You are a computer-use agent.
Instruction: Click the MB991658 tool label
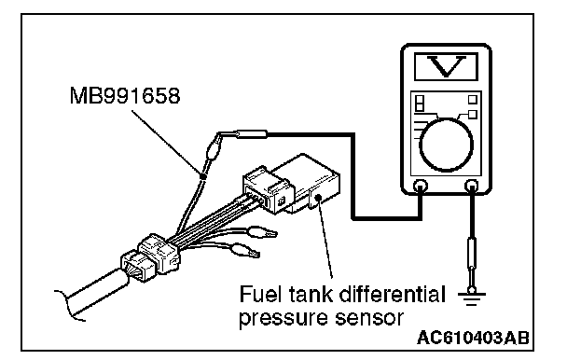click(x=125, y=96)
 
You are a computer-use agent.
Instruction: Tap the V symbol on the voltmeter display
click(x=446, y=66)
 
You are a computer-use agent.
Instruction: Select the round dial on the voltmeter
click(x=446, y=145)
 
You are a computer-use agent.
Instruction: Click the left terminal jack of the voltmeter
click(x=421, y=186)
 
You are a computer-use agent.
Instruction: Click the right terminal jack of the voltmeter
click(x=472, y=186)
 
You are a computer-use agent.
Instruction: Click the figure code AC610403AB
click(x=474, y=338)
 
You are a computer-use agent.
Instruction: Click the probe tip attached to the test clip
click(x=250, y=134)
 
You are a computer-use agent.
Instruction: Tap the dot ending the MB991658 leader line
click(x=203, y=176)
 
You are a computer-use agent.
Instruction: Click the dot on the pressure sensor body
click(x=318, y=197)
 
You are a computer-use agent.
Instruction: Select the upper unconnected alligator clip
click(x=262, y=232)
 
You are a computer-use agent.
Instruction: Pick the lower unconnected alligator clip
click(x=245, y=250)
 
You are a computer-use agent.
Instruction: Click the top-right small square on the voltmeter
click(x=473, y=100)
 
